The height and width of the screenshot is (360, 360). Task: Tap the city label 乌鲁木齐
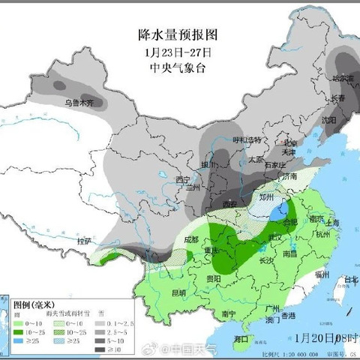[x=79, y=102]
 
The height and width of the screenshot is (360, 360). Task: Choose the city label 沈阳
[x=328, y=119]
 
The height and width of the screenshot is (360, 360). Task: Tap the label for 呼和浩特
[x=246, y=139]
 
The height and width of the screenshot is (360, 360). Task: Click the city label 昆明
[x=179, y=292]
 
